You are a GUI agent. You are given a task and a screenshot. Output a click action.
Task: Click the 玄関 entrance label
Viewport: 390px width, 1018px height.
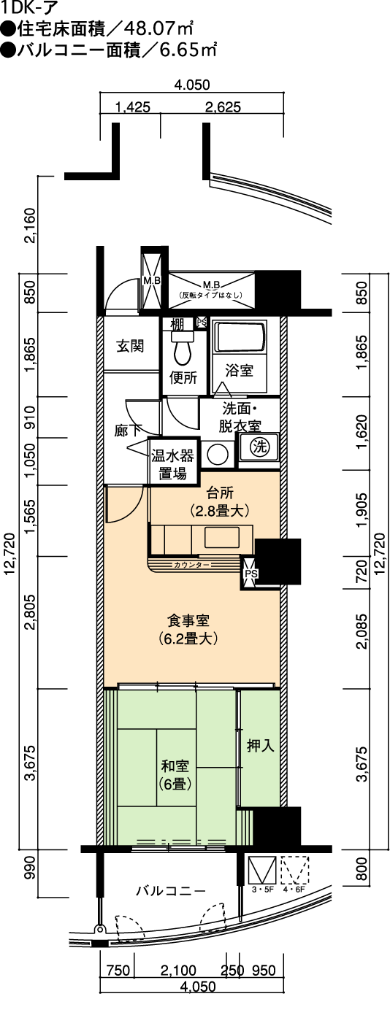(x=130, y=347)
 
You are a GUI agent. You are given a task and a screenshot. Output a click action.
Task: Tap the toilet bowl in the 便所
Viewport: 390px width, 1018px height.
(x=183, y=348)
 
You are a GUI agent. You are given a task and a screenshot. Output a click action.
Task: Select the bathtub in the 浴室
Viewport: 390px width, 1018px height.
(x=239, y=336)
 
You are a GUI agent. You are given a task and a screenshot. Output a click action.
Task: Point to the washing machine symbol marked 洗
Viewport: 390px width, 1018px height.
(x=259, y=447)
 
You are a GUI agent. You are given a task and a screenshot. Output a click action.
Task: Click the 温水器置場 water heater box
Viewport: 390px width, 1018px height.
(x=172, y=463)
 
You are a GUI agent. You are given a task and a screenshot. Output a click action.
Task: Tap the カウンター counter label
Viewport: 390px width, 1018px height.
(x=191, y=565)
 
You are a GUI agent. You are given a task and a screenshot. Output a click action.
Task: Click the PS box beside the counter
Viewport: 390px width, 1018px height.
(x=251, y=574)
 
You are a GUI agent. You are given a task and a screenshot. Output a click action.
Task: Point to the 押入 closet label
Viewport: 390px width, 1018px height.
(x=261, y=745)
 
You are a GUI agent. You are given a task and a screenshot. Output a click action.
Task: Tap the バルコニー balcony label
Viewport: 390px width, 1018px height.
(x=171, y=890)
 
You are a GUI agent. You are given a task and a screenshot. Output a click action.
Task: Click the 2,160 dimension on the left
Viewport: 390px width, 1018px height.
(x=30, y=225)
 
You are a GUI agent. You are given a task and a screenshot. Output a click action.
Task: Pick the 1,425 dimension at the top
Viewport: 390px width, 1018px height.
(x=133, y=107)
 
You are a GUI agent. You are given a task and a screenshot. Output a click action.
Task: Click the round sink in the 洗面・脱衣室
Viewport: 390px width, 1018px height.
(x=217, y=453)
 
